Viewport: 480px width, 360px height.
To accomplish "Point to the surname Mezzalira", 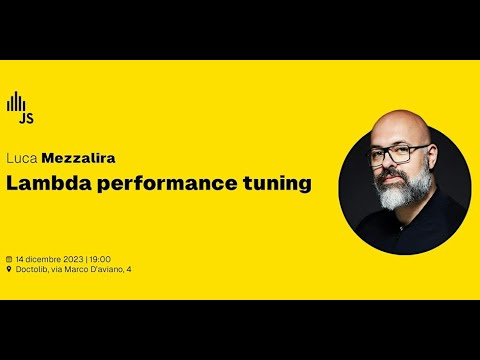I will coord(77,158).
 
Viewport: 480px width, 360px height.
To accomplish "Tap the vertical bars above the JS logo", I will coord(16,102).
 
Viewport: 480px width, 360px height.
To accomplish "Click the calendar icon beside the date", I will coord(9,257).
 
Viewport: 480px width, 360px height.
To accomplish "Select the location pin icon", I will coord(9,268).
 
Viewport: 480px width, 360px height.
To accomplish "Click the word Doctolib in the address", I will coord(33,268).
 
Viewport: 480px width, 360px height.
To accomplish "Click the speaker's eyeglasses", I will coord(400,154).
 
